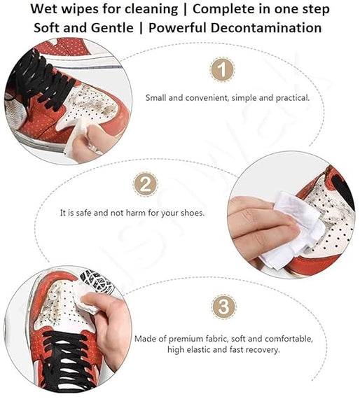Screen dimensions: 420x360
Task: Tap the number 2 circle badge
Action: [144, 185]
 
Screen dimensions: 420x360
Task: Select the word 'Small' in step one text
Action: [156, 98]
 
